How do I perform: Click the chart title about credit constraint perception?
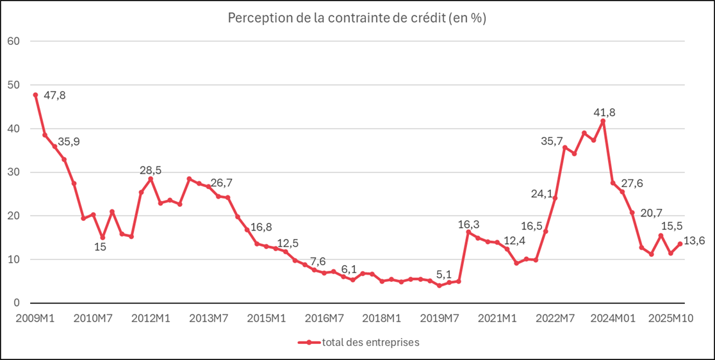(x=357, y=19)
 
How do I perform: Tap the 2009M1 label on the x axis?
(x=35, y=318)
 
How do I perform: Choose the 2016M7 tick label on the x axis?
(x=325, y=318)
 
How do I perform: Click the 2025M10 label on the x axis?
(x=667, y=318)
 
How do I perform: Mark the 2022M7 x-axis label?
(x=554, y=318)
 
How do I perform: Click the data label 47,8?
(x=54, y=95)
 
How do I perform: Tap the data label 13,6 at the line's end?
(x=694, y=241)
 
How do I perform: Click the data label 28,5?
(x=151, y=170)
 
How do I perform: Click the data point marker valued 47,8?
(x=35, y=95)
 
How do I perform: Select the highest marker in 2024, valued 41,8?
(x=603, y=121)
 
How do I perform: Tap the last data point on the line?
(x=680, y=244)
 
